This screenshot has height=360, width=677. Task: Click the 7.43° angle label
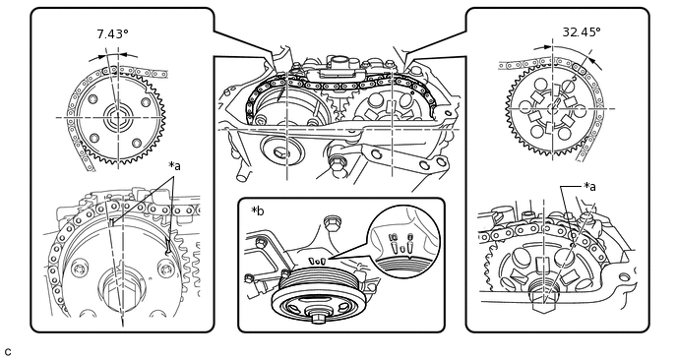(113, 33)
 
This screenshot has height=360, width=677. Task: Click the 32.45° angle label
(582, 31)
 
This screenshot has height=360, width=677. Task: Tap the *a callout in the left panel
(174, 166)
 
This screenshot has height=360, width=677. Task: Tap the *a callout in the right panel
(589, 187)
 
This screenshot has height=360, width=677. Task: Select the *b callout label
(258, 211)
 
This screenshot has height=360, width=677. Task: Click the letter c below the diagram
(8, 351)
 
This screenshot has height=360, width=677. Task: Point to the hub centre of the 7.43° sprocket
(117, 117)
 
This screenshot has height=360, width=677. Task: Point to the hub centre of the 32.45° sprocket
(553, 108)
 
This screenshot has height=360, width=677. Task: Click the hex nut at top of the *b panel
(332, 222)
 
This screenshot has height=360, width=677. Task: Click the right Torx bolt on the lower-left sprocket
(165, 269)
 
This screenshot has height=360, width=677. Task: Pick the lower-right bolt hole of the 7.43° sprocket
(138, 143)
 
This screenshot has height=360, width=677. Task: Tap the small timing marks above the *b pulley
(317, 261)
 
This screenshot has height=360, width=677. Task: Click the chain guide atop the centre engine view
(336, 70)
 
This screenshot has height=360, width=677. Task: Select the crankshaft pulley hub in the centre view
(282, 150)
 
